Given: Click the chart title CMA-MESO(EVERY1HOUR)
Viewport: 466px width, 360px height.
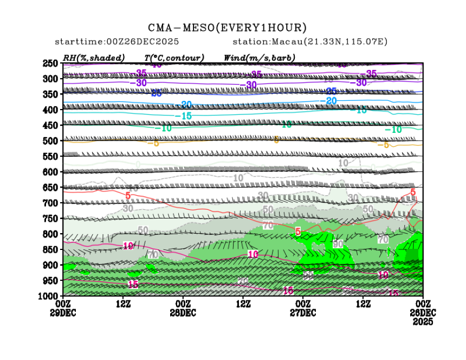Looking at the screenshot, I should coord(227,28).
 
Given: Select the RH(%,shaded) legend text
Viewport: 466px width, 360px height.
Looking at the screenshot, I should coord(94,57).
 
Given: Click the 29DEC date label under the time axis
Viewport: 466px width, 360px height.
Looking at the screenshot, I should coord(63,313).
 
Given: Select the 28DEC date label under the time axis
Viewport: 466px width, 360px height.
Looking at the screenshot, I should coord(183,313).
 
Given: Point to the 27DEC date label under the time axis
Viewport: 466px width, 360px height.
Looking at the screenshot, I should coord(303,313).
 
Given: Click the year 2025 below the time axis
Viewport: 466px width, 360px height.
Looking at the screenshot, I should coord(423,322).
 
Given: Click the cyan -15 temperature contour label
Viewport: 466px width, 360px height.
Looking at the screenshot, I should coord(185,116).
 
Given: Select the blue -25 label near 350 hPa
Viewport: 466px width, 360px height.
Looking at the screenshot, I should coord(156,93).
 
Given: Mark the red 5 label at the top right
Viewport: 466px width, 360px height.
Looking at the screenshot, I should coord(413,192).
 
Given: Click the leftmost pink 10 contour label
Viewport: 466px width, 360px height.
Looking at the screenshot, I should coord(128,246).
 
